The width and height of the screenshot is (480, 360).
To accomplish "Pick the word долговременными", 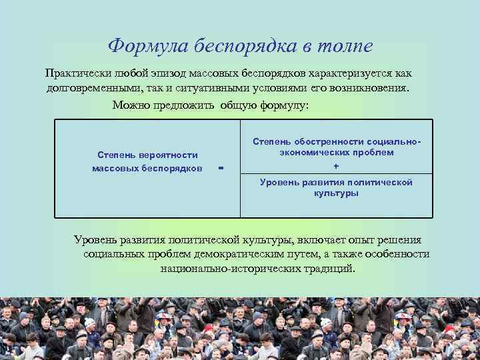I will point(90,88).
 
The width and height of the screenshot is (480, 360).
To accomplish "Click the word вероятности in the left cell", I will point(169,155).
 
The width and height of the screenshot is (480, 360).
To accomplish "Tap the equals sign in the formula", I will point(221,168).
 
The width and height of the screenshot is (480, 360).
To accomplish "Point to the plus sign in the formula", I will point(336,165).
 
